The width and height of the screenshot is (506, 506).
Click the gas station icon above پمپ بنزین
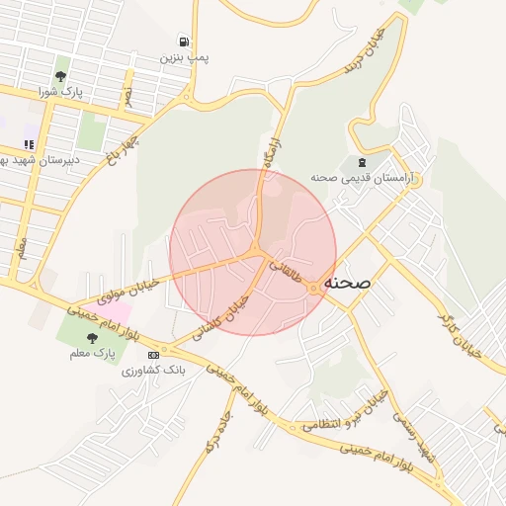pos(184,42)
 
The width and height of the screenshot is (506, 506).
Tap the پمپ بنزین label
pos(185,58)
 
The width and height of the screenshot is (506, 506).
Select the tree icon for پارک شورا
pos(61,76)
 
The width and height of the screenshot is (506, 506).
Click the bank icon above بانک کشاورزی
pos(153,354)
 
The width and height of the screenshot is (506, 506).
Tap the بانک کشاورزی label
pos(153,371)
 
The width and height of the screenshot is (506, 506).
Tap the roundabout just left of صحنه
pos(313,288)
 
